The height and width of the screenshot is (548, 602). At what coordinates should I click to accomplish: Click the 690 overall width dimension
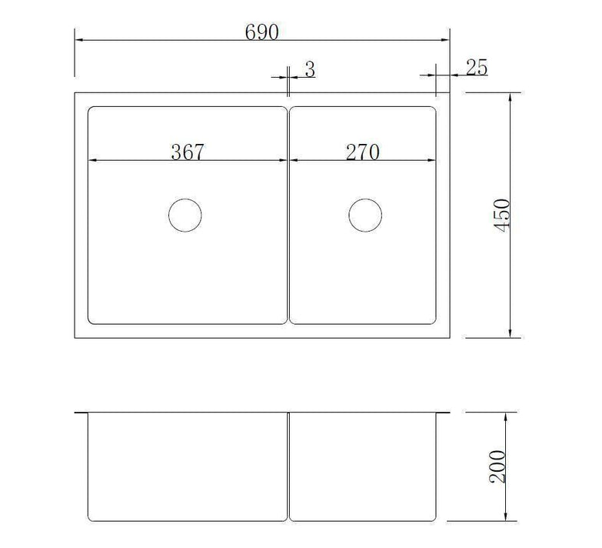point(261,32)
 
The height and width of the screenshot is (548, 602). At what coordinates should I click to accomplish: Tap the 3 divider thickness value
point(309,68)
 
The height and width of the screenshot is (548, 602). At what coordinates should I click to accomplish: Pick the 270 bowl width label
point(362,152)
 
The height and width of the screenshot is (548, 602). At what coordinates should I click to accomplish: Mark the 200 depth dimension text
point(497,466)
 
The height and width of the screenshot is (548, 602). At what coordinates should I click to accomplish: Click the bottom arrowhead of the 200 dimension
point(505,519)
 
